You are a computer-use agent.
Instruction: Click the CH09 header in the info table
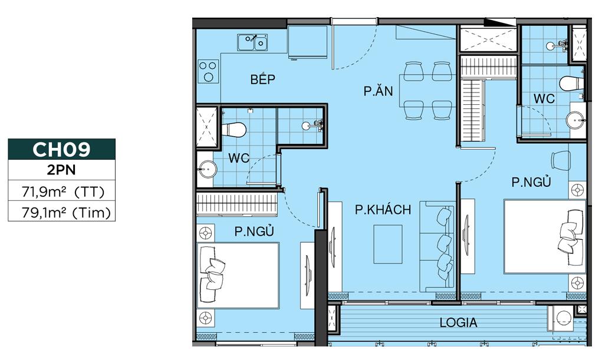coord(61,150)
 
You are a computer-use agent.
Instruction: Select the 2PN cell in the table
coord(61,171)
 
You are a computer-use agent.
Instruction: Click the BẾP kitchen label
coord(262,80)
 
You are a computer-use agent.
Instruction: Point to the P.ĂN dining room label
coord(378,91)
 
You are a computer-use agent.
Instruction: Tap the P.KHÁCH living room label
coord(383,210)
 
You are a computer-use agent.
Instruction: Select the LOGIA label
coord(458,323)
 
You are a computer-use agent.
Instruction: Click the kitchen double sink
coord(253,42)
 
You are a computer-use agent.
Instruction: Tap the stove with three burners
coord(208,71)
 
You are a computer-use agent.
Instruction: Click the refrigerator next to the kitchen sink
coord(307,43)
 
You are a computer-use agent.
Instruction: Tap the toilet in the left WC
coord(233,128)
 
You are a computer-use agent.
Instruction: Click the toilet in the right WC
coord(570,83)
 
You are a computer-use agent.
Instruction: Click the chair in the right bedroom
coord(560,159)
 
